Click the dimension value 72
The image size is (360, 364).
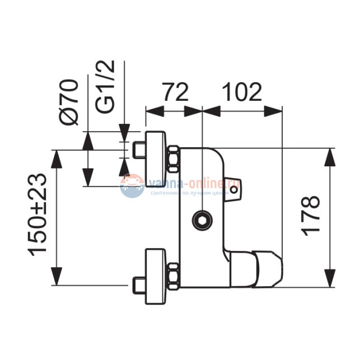click(175, 92)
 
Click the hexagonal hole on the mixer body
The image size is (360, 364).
click(202, 220)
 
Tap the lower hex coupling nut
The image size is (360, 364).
click(174, 276)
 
